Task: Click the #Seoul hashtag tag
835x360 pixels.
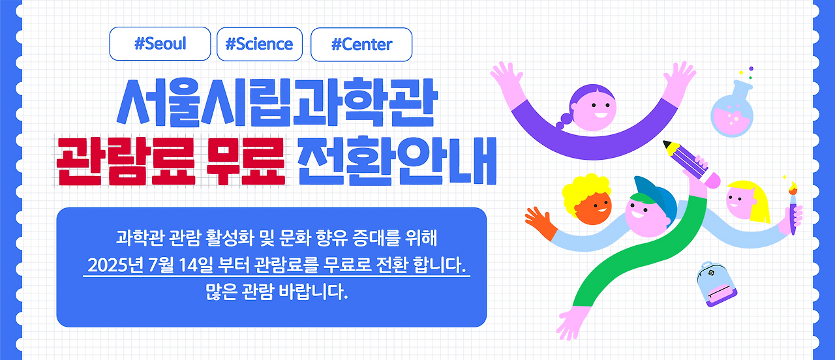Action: pyautogui.click(x=160, y=44)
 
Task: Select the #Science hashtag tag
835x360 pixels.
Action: pyautogui.click(x=259, y=44)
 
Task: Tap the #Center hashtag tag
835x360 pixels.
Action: pyautogui.click(x=361, y=44)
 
